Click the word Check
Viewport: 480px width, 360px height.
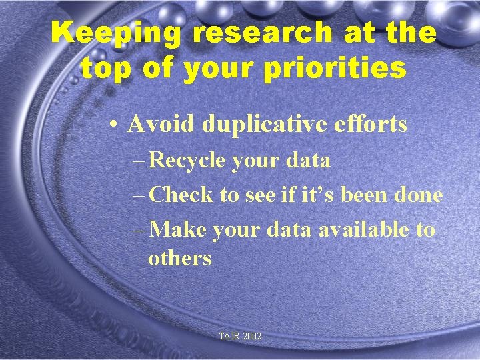181,195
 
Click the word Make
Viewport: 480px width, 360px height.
179,230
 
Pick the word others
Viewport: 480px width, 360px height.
180,258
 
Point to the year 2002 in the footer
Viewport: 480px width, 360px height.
253,337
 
